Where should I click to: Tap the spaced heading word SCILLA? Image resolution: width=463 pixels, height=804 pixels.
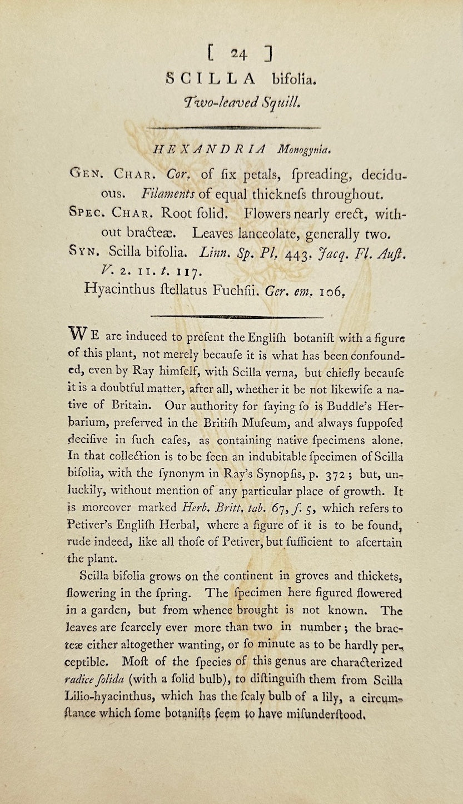click(211, 79)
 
